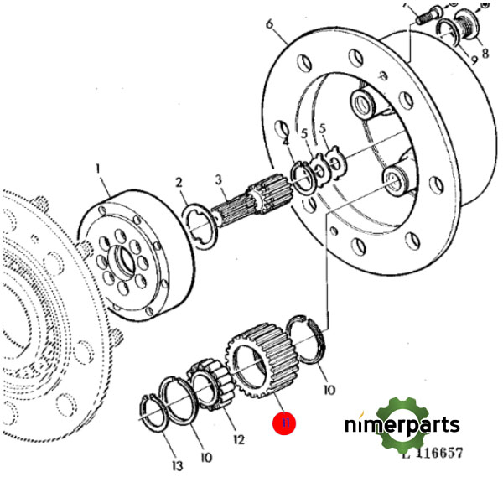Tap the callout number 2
(x=179, y=182)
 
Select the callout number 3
(x=218, y=179)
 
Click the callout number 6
(x=269, y=25)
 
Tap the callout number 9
(x=474, y=60)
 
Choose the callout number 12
(x=239, y=438)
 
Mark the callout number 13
(x=177, y=466)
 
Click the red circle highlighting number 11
(x=284, y=424)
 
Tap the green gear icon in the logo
(x=407, y=424)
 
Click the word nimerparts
(x=402, y=425)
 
